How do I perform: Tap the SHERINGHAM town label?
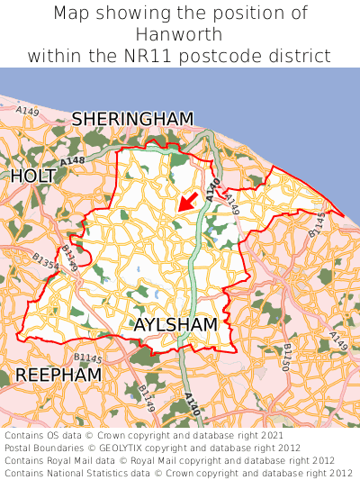(132, 119)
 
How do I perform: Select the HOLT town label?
(33, 176)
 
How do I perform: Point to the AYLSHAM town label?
(175, 324)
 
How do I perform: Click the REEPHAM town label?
(58, 374)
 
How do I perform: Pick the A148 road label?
(74, 160)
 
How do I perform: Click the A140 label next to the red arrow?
(211, 189)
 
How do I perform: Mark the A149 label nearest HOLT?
(28, 111)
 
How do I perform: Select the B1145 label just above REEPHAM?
(88, 358)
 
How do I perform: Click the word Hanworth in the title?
(180, 34)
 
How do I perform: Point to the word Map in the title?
(72, 14)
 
